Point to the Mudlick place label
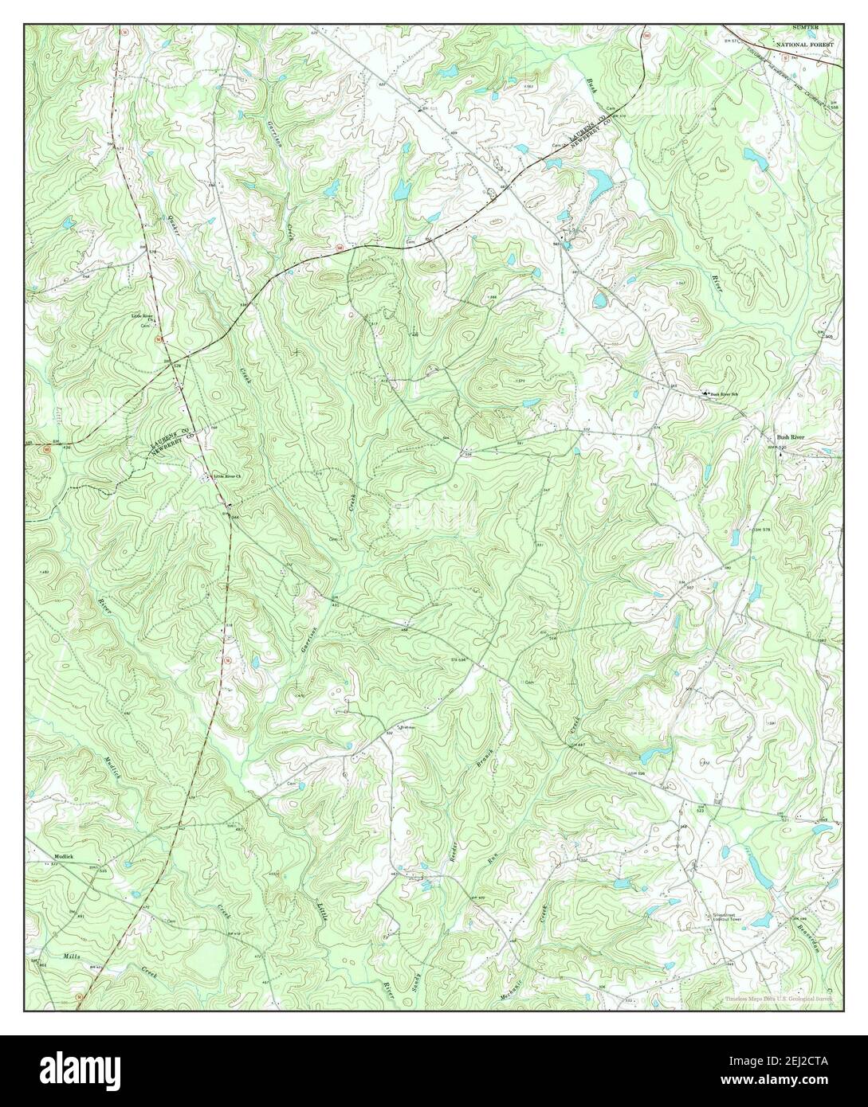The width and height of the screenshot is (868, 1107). coord(63,857)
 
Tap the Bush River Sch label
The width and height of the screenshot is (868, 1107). coord(727,393)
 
